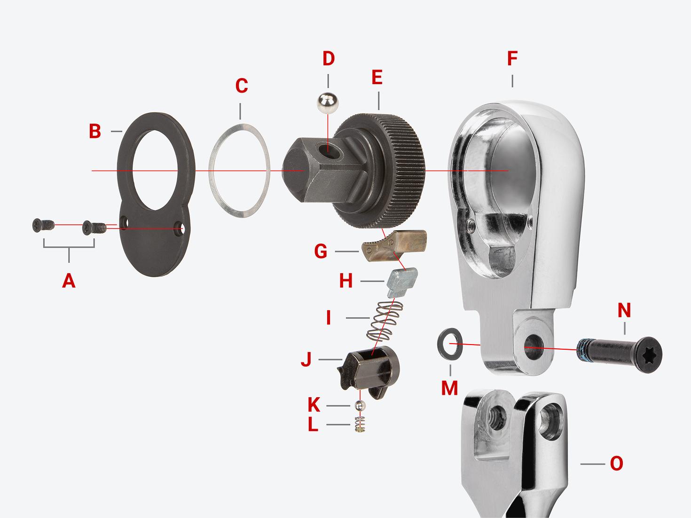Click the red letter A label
(69, 281)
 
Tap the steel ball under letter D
(328, 103)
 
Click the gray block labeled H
(401, 282)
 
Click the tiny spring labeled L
(360, 424)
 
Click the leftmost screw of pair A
(42, 226)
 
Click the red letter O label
(616, 463)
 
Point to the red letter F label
(512, 59)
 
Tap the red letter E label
(377, 78)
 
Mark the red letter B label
(95, 132)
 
